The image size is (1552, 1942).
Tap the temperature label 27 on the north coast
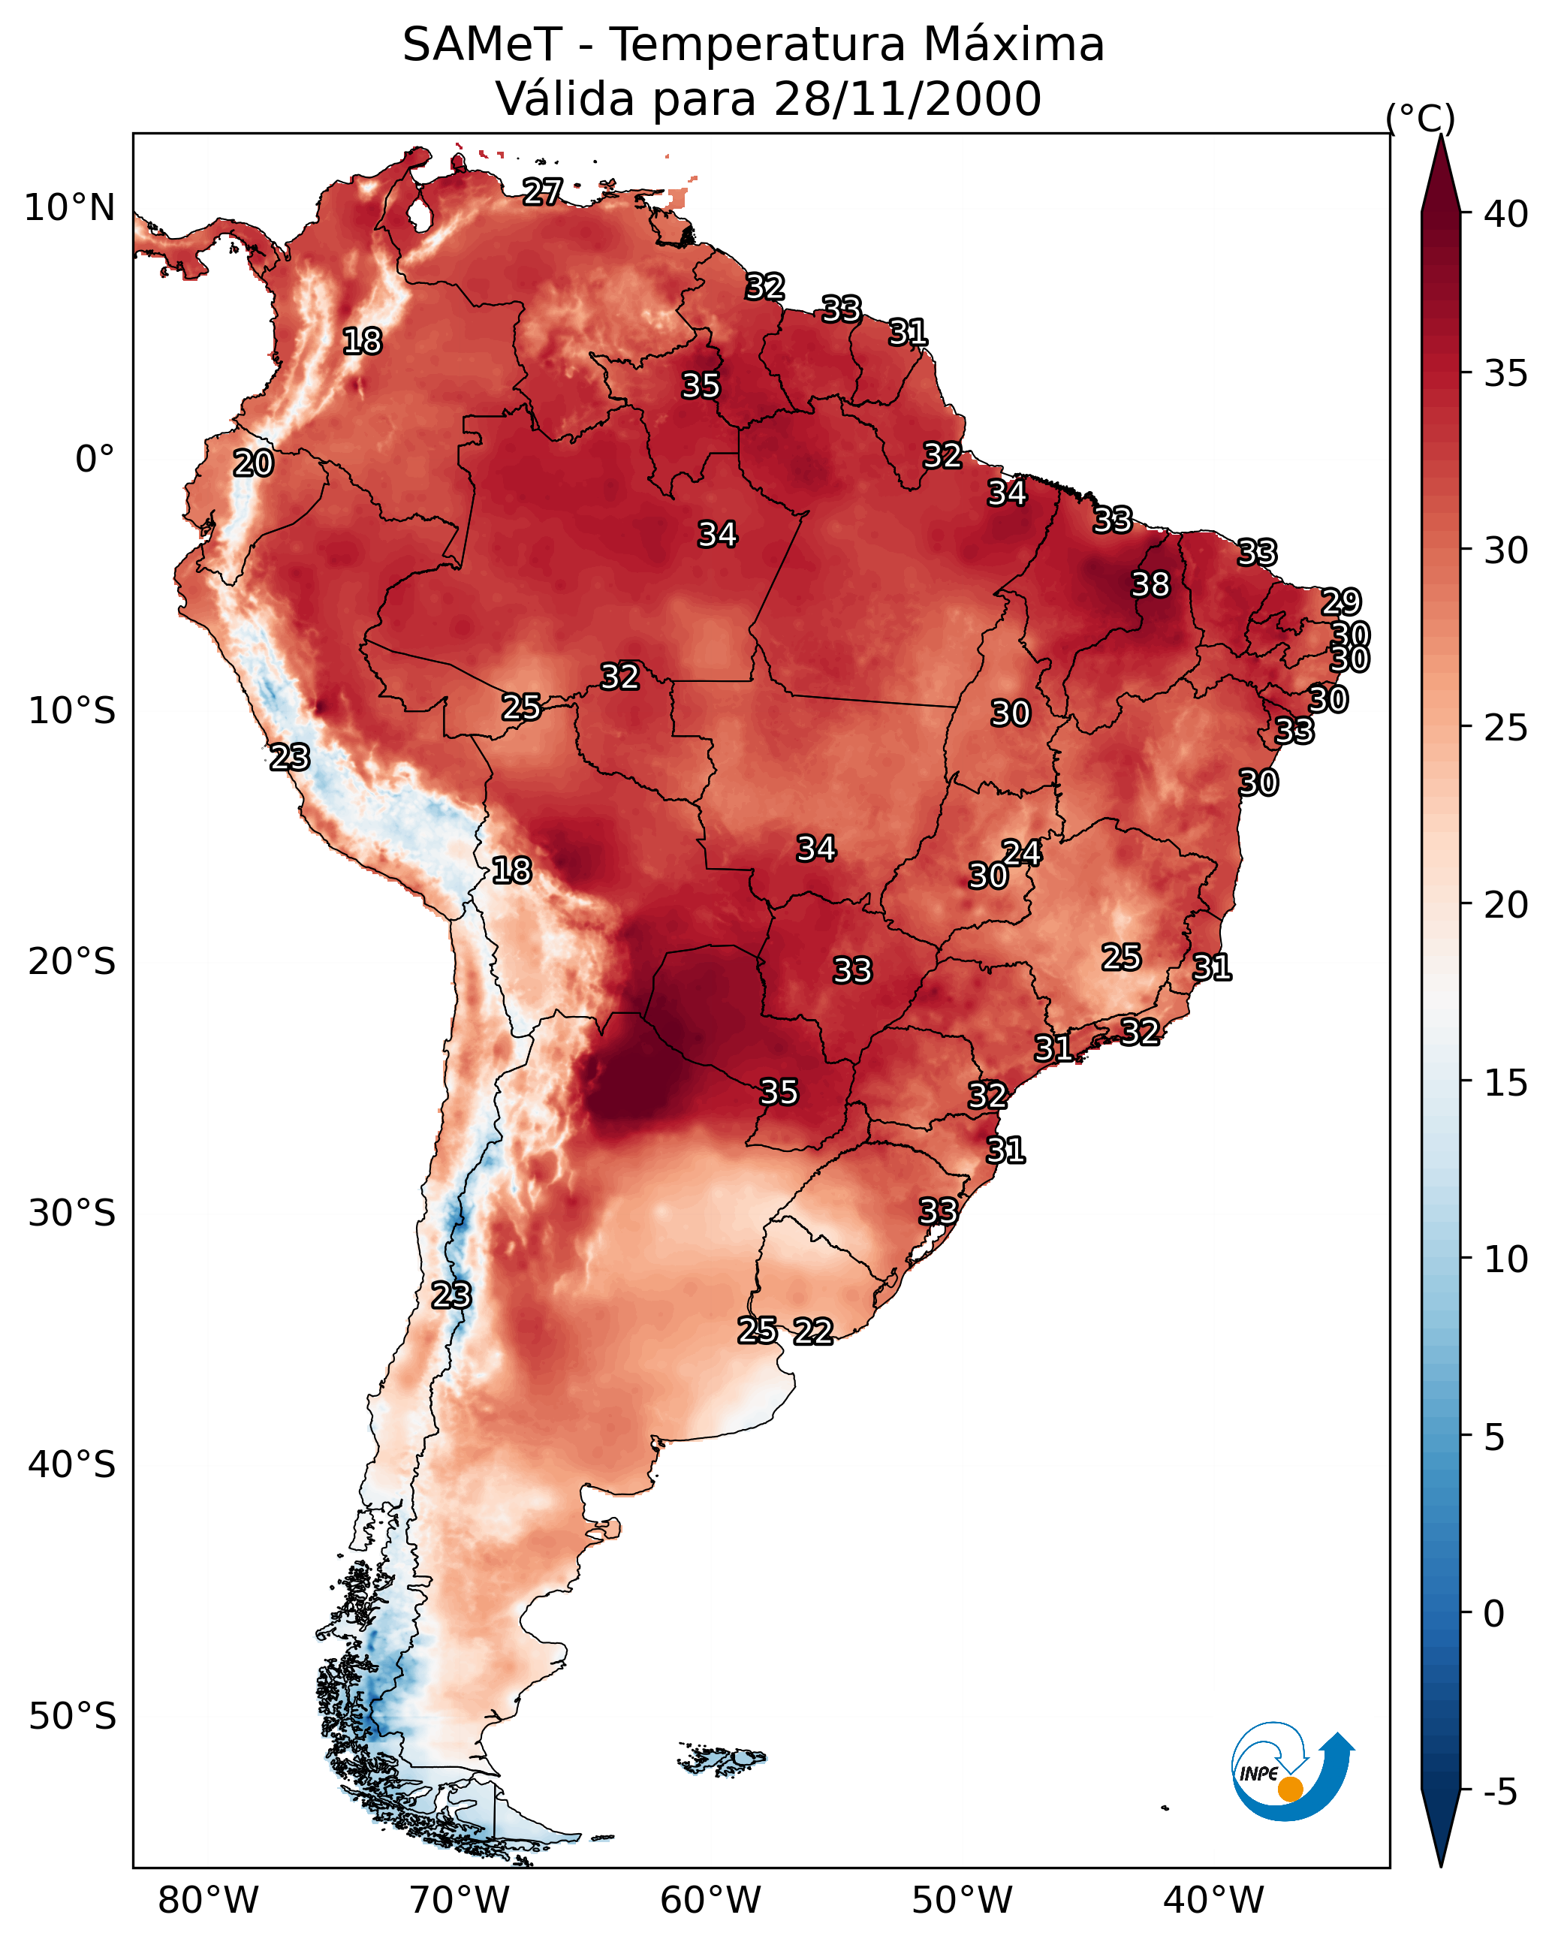542,191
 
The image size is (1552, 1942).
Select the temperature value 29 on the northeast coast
1340,602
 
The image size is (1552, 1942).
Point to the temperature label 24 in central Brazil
1021,853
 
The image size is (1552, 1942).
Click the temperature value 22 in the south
812,1331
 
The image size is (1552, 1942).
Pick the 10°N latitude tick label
69,208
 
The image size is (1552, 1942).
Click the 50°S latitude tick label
72,1717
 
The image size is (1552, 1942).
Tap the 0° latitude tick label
95,460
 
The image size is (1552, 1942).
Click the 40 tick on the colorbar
1506,214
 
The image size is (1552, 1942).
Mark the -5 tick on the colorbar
1499,1793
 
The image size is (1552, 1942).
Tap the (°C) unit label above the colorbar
1420,118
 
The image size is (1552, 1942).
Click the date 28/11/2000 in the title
907,99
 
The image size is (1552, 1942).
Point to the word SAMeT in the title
482,45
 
